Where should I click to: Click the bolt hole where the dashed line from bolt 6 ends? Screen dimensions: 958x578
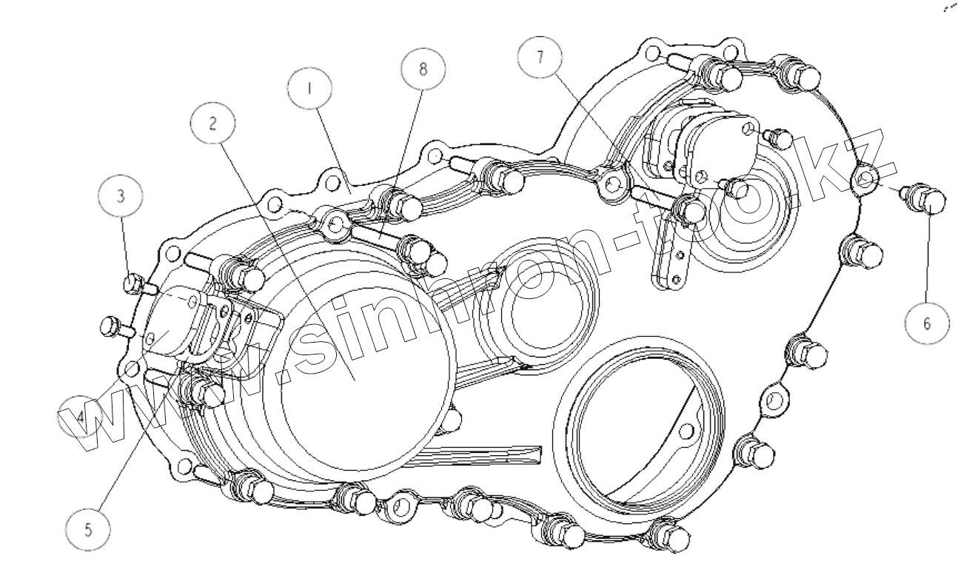point(864,177)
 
